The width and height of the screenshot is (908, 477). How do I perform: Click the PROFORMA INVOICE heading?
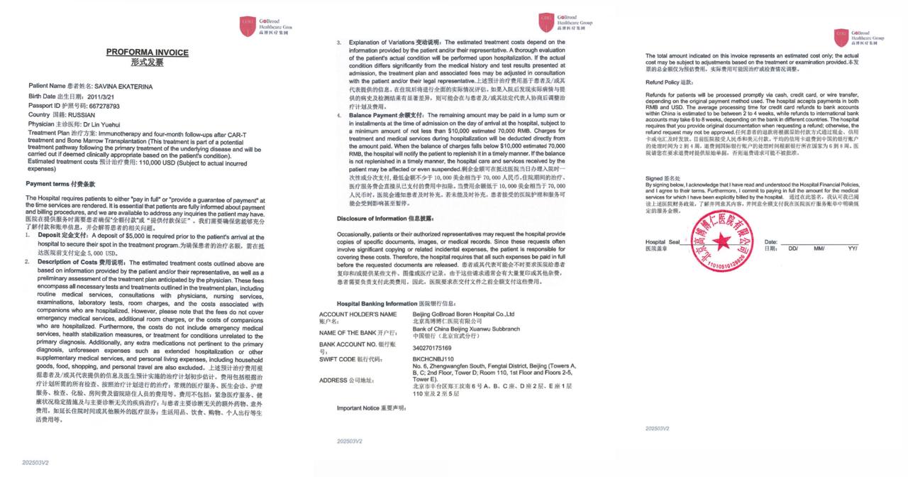pos(147,53)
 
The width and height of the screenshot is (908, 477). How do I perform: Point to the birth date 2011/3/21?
pos(100,97)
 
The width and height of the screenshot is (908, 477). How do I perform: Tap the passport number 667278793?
pos(101,106)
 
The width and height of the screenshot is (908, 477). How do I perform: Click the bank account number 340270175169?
pos(432,349)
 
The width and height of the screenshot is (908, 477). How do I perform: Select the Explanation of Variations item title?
pos(379,43)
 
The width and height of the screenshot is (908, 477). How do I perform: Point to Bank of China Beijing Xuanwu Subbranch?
pos(466,329)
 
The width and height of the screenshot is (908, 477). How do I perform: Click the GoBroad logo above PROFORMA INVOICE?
pos(248,26)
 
